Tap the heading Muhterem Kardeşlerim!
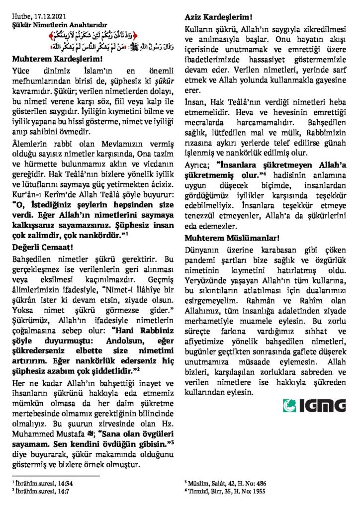[54, 59]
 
